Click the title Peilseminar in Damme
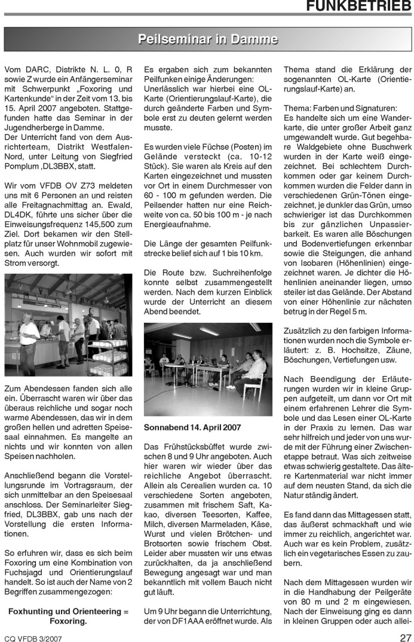point(207,40)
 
